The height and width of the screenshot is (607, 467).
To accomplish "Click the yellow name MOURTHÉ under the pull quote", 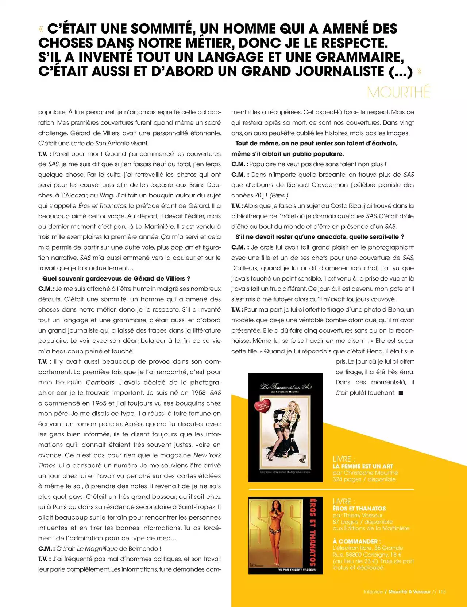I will (398, 92).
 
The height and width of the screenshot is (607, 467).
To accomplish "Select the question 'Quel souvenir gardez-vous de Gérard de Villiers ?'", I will (116, 278).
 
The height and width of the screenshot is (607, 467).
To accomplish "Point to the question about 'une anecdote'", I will (320, 237).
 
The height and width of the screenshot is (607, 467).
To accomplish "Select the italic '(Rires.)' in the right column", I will (279, 195).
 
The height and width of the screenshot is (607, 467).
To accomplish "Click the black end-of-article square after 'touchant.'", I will (401, 393).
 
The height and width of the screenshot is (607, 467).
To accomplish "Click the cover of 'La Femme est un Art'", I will (285, 427).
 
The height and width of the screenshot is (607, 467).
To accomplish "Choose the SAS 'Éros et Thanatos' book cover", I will (285, 535).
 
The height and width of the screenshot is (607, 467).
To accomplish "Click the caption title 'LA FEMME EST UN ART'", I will (363, 466).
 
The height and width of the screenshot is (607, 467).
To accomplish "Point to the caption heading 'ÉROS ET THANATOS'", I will (359, 509).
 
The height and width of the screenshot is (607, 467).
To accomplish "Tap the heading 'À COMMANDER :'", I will (356, 541).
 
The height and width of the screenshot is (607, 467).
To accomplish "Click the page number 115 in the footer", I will (442, 592).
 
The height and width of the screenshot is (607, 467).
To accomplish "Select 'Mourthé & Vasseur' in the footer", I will (409, 592).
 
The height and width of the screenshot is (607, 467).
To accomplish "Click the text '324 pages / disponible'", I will (364, 479).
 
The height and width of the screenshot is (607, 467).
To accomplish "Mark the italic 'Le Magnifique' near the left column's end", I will (97, 549).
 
